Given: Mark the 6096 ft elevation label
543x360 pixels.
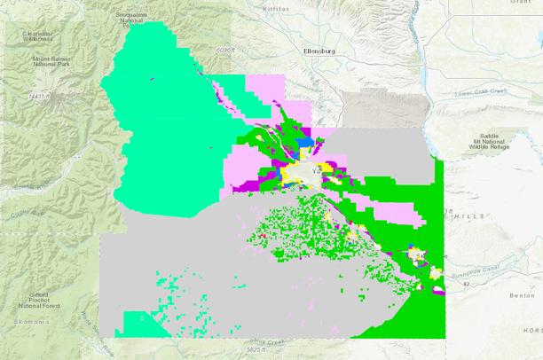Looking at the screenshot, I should (x=226, y=51).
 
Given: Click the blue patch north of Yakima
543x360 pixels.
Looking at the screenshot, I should (x=306, y=140).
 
